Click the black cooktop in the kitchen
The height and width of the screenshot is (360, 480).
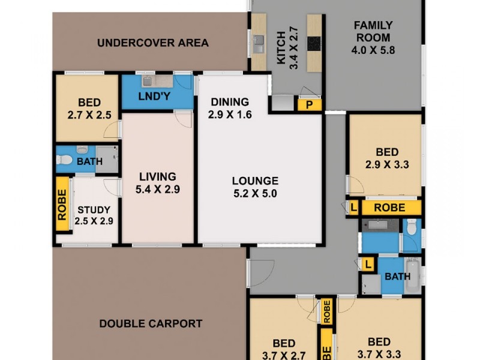(x=314, y=44)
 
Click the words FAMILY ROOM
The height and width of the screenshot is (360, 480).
(x=373, y=31)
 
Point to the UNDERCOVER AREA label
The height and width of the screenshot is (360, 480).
(x=152, y=43)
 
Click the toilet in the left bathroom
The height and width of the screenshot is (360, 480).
(x=65, y=160)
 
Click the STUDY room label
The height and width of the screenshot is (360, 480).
(x=94, y=210)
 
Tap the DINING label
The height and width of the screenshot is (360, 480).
(x=229, y=102)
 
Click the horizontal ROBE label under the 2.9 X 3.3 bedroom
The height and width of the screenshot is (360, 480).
(x=389, y=208)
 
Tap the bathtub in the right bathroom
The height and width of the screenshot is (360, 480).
(x=413, y=275)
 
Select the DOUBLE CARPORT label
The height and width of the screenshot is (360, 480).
(x=150, y=323)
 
